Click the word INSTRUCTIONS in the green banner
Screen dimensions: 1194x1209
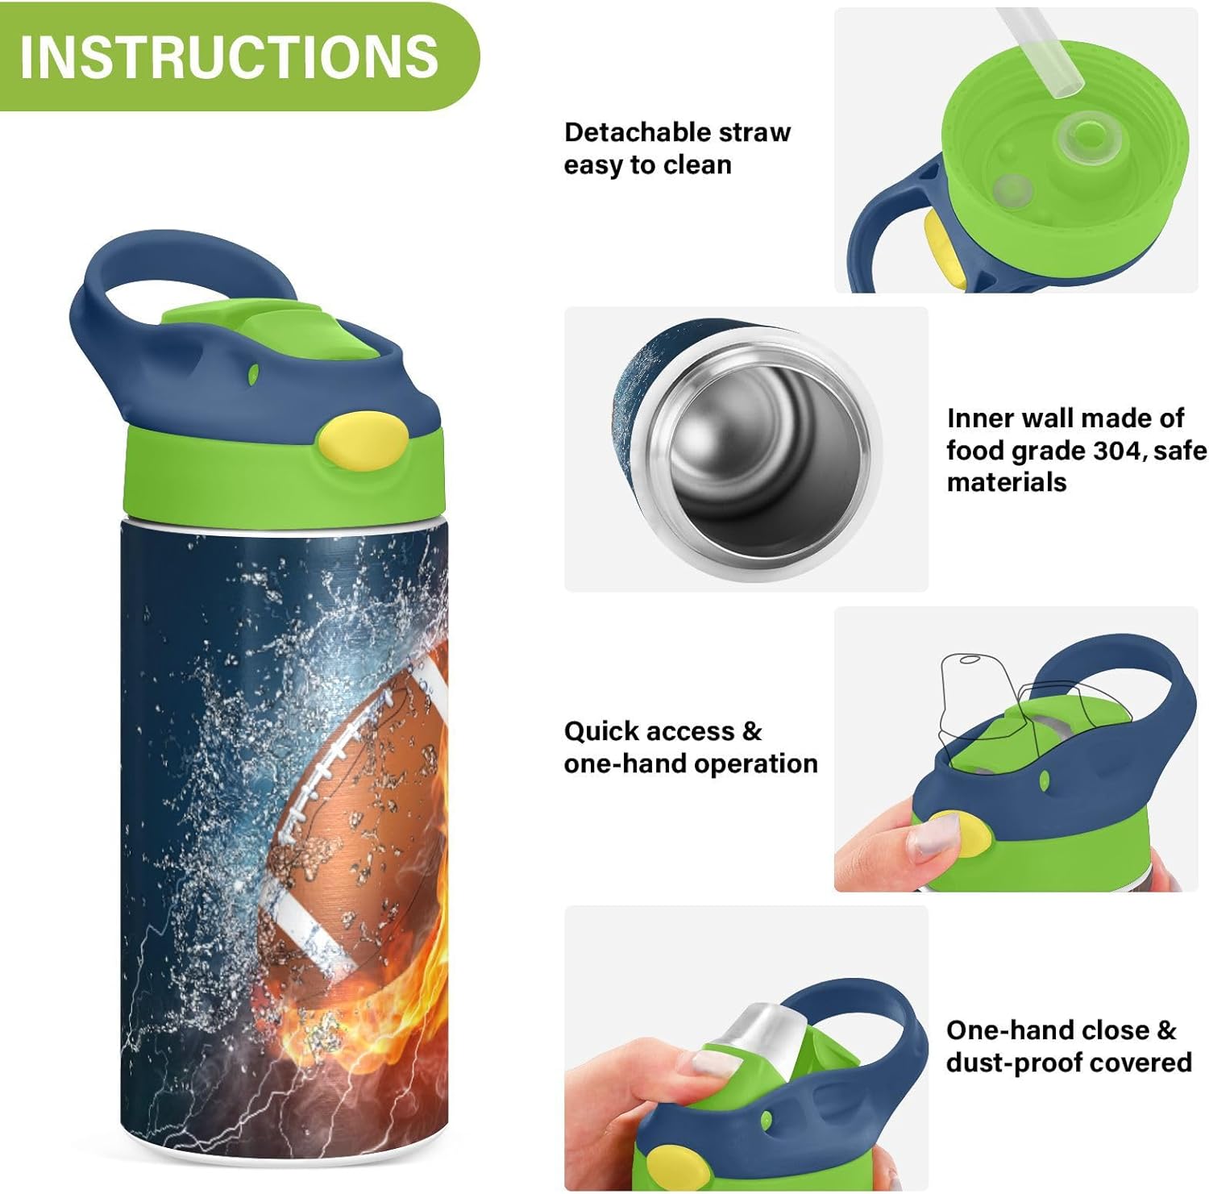229,56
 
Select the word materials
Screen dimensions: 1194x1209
1006,482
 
